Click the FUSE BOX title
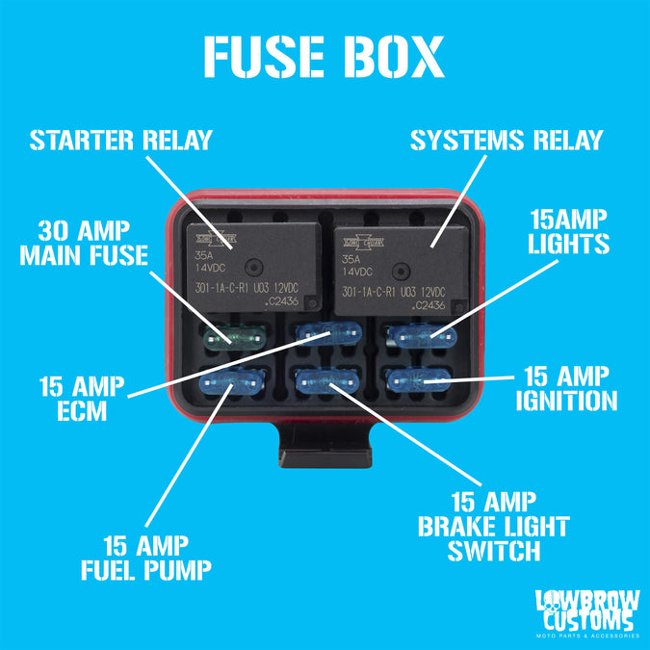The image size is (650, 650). click(325, 57)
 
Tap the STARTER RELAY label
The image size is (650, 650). click(120, 140)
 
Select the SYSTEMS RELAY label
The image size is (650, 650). click(506, 140)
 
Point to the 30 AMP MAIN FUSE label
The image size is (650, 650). click(93, 244)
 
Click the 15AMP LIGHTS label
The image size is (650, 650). click(568, 230)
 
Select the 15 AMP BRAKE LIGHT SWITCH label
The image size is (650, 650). click(493, 527)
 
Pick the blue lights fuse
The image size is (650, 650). click(420, 336)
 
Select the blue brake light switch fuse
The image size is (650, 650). click(327, 382)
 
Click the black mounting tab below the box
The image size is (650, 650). click(325, 447)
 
